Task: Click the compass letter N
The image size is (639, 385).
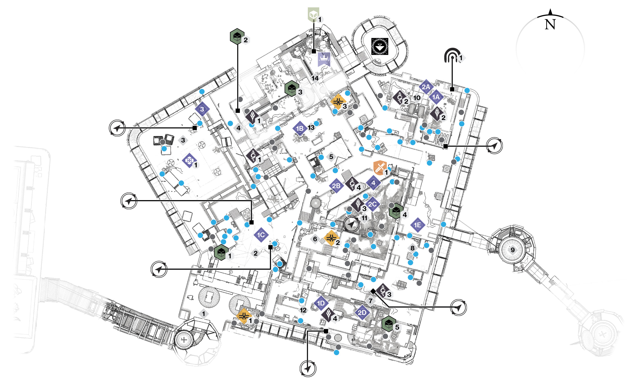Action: (550, 24)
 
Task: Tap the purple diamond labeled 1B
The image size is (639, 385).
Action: (300, 129)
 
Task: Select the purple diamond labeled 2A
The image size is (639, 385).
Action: (426, 87)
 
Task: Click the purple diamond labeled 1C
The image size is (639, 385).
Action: (261, 235)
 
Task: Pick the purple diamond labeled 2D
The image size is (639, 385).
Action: (362, 313)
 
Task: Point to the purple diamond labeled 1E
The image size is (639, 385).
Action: (418, 225)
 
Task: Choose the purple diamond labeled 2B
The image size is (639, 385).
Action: (336, 186)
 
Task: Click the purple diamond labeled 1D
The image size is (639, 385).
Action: (321, 303)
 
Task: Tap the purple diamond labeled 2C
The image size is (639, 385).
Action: (372, 204)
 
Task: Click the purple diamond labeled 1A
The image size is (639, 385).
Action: (436, 97)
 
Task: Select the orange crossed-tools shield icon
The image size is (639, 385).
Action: (380, 168)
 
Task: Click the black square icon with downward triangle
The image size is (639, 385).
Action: (380, 46)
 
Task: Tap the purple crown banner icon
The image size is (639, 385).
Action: (324, 59)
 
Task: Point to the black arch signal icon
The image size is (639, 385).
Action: (452, 55)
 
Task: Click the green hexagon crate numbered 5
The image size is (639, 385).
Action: (389, 324)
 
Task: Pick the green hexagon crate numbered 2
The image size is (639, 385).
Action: (237, 36)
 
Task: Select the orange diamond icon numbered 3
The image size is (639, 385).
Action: (338, 102)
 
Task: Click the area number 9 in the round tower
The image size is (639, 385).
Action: (513, 250)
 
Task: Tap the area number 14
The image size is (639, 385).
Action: (315, 78)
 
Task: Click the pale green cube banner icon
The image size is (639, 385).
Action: (313, 14)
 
